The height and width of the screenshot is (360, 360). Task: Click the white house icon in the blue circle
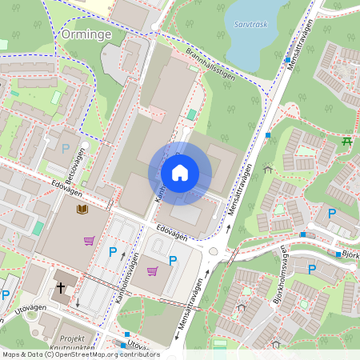[x=180, y=173]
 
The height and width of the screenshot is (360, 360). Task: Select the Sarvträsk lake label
[x=250, y=25]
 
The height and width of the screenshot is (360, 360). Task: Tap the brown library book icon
[x=82, y=210]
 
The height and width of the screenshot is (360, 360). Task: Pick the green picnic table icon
[x=347, y=142]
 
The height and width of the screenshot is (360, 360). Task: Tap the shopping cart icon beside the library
[x=89, y=240]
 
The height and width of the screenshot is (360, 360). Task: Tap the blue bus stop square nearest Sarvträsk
[x=287, y=59]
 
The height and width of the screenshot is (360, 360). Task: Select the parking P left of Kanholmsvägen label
[x=113, y=253]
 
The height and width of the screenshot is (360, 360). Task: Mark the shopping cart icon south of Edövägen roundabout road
[x=152, y=271]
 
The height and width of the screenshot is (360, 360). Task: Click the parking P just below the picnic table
[x=331, y=213]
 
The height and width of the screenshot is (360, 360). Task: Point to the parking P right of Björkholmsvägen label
[x=312, y=270]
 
